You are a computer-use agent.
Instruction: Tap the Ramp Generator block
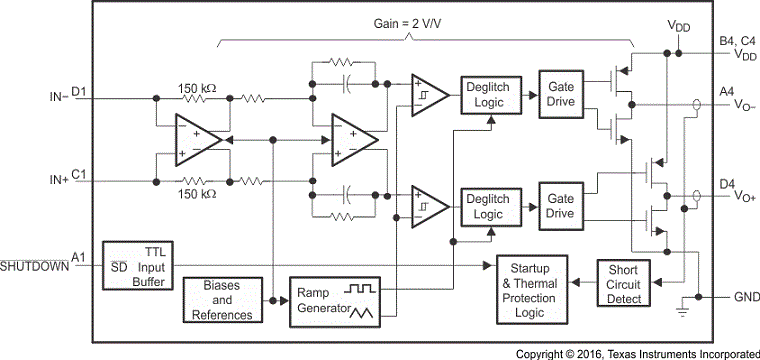pyautogui.click(x=332, y=299)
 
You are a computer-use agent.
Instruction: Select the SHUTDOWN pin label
pyautogui.click(x=35, y=266)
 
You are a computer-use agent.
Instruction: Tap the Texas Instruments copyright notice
pyautogui.click(x=636, y=353)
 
